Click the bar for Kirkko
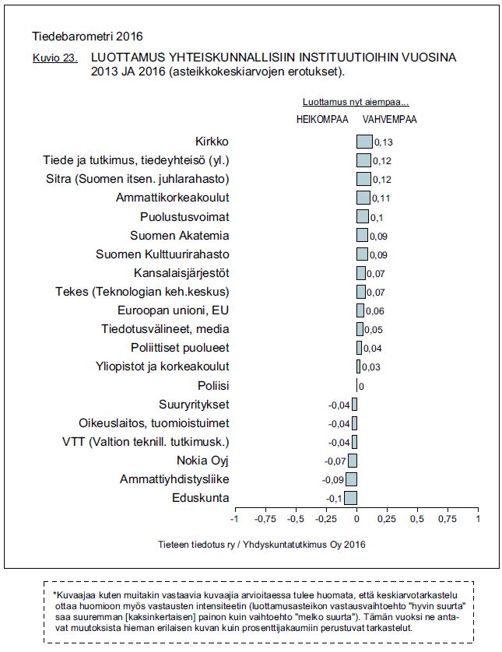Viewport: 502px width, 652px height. tap(364, 142)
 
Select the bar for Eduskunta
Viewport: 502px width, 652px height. tap(350, 498)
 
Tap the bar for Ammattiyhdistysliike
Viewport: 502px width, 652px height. tap(351, 479)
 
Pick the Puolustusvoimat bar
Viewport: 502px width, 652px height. tap(363, 216)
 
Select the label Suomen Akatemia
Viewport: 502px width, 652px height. tap(180, 236)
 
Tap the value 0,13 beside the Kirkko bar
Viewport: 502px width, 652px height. tap(383, 143)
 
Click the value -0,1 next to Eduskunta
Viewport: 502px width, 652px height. tap(333, 499)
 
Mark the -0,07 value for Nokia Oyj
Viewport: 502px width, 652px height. tap(335, 461)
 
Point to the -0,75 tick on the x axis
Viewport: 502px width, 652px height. tap(265, 518)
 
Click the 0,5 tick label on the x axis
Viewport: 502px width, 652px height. tap(417, 518)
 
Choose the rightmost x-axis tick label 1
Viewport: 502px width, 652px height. tap(478, 518)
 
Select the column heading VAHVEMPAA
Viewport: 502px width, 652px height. tap(390, 120)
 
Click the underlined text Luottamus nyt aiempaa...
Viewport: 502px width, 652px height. tap(356, 103)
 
